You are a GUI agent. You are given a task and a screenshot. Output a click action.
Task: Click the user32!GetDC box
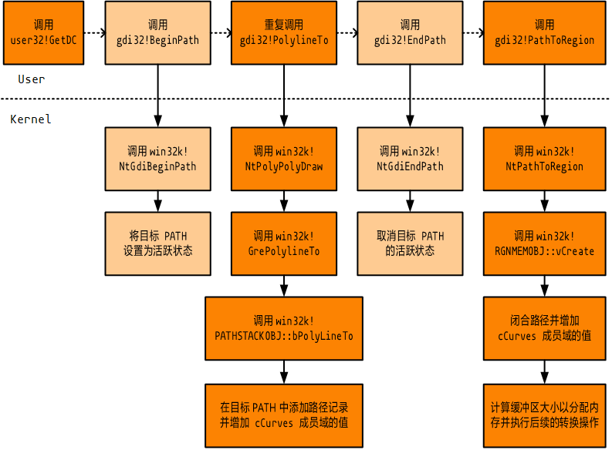[43, 32]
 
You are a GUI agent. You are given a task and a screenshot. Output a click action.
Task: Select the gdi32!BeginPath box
[157, 32]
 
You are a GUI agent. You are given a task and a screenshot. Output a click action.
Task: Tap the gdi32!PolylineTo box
[284, 32]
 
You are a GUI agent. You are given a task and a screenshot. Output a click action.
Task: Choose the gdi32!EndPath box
[411, 32]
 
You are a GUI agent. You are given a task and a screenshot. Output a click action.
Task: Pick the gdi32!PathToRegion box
[544, 32]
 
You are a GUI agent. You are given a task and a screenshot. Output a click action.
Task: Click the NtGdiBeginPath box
[157, 159]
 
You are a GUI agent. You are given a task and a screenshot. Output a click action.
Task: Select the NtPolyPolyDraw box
[284, 159]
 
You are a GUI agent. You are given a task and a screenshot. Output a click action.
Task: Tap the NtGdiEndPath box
[411, 159]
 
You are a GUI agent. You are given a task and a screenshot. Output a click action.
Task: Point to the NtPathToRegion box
[544, 159]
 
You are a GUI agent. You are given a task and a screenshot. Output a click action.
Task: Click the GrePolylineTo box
[284, 243]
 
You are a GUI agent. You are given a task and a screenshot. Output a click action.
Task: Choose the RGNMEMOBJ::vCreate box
[544, 243]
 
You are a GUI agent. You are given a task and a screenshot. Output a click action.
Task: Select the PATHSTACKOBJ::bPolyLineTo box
[284, 328]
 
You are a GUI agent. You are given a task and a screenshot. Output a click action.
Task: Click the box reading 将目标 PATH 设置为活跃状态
[157, 243]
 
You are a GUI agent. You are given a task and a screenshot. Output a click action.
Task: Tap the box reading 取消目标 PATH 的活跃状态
[411, 243]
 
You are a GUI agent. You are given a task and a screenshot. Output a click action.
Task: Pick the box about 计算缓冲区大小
[544, 415]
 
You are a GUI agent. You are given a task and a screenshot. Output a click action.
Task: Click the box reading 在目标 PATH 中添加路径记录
[284, 415]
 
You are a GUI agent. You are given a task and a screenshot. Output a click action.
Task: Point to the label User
[32, 79]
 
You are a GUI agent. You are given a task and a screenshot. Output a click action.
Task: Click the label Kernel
[31, 119]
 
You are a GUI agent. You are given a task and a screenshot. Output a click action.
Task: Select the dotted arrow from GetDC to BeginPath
[93, 33]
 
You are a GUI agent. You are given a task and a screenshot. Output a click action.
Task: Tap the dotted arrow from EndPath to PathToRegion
[473, 33]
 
